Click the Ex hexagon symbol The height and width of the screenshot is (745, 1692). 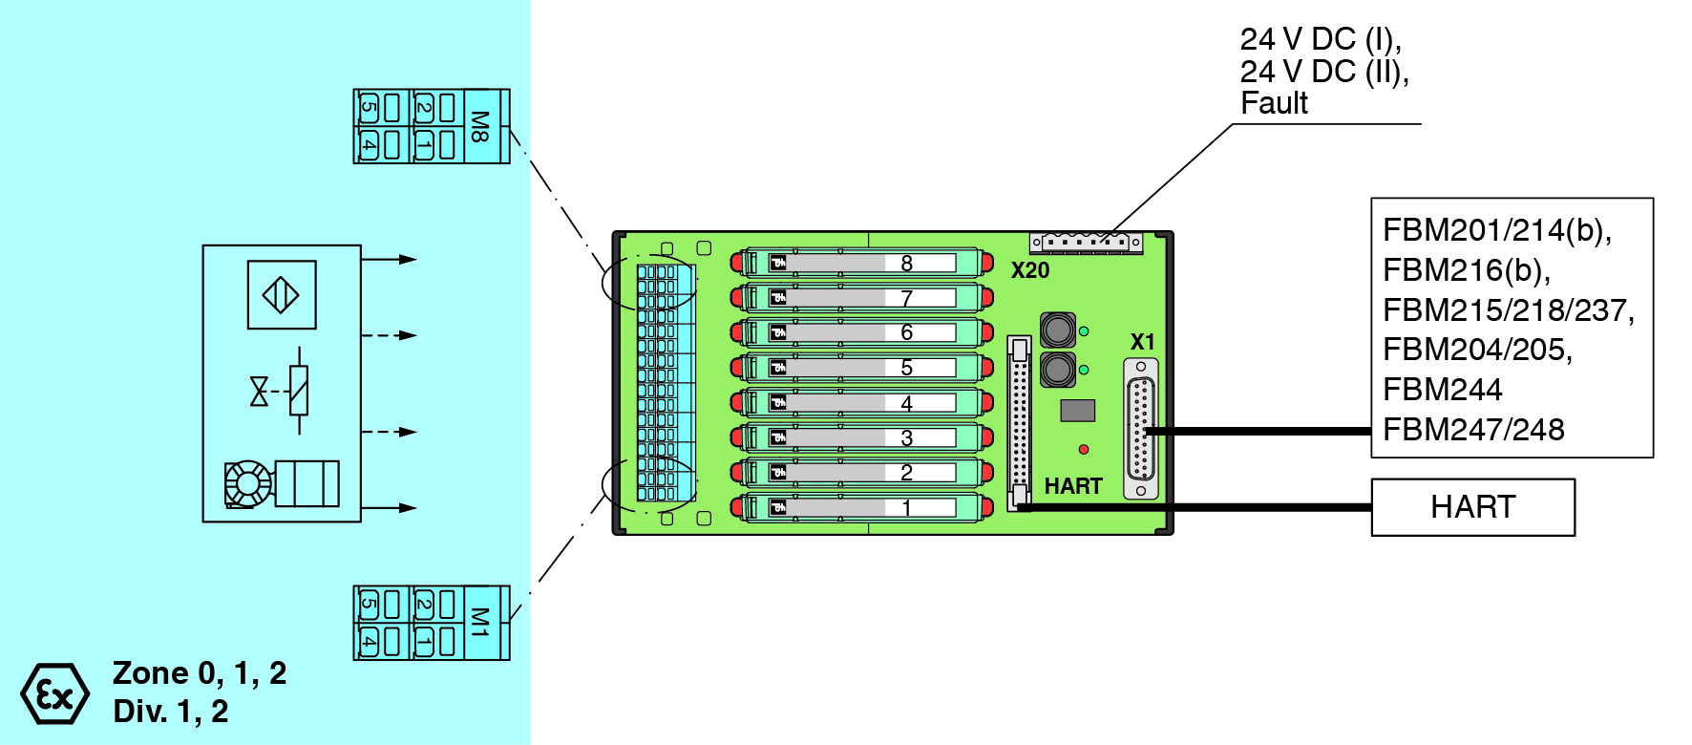click(54, 694)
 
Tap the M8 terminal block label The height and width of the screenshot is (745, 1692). click(480, 126)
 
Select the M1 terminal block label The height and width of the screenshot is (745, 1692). click(480, 623)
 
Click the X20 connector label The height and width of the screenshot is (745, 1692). click(1030, 271)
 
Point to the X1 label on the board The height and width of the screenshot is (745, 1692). click(1142, 342)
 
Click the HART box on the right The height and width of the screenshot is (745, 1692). click(1472, 507)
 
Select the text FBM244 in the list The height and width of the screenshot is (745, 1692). click(1442, 390)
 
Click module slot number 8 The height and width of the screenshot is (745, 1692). click(906, 263)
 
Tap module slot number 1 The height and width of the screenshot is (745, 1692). click(906, 508)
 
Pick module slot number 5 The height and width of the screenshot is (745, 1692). click(906, 368)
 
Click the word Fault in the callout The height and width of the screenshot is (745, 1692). click(1274, 103)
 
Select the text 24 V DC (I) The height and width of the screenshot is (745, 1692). click(1321, 39)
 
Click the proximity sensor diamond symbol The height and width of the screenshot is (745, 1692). click(282, 294)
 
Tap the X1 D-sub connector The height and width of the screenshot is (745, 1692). click(1141, 429)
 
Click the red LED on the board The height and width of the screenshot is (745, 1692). click(1084, 449)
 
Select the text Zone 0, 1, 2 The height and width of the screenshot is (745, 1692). click(200, 673)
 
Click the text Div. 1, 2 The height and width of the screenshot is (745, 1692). click(171, 712)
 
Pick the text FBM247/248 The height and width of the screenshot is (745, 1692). click(1473, 430)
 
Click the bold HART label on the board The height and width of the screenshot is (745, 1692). click(1073, 486)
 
